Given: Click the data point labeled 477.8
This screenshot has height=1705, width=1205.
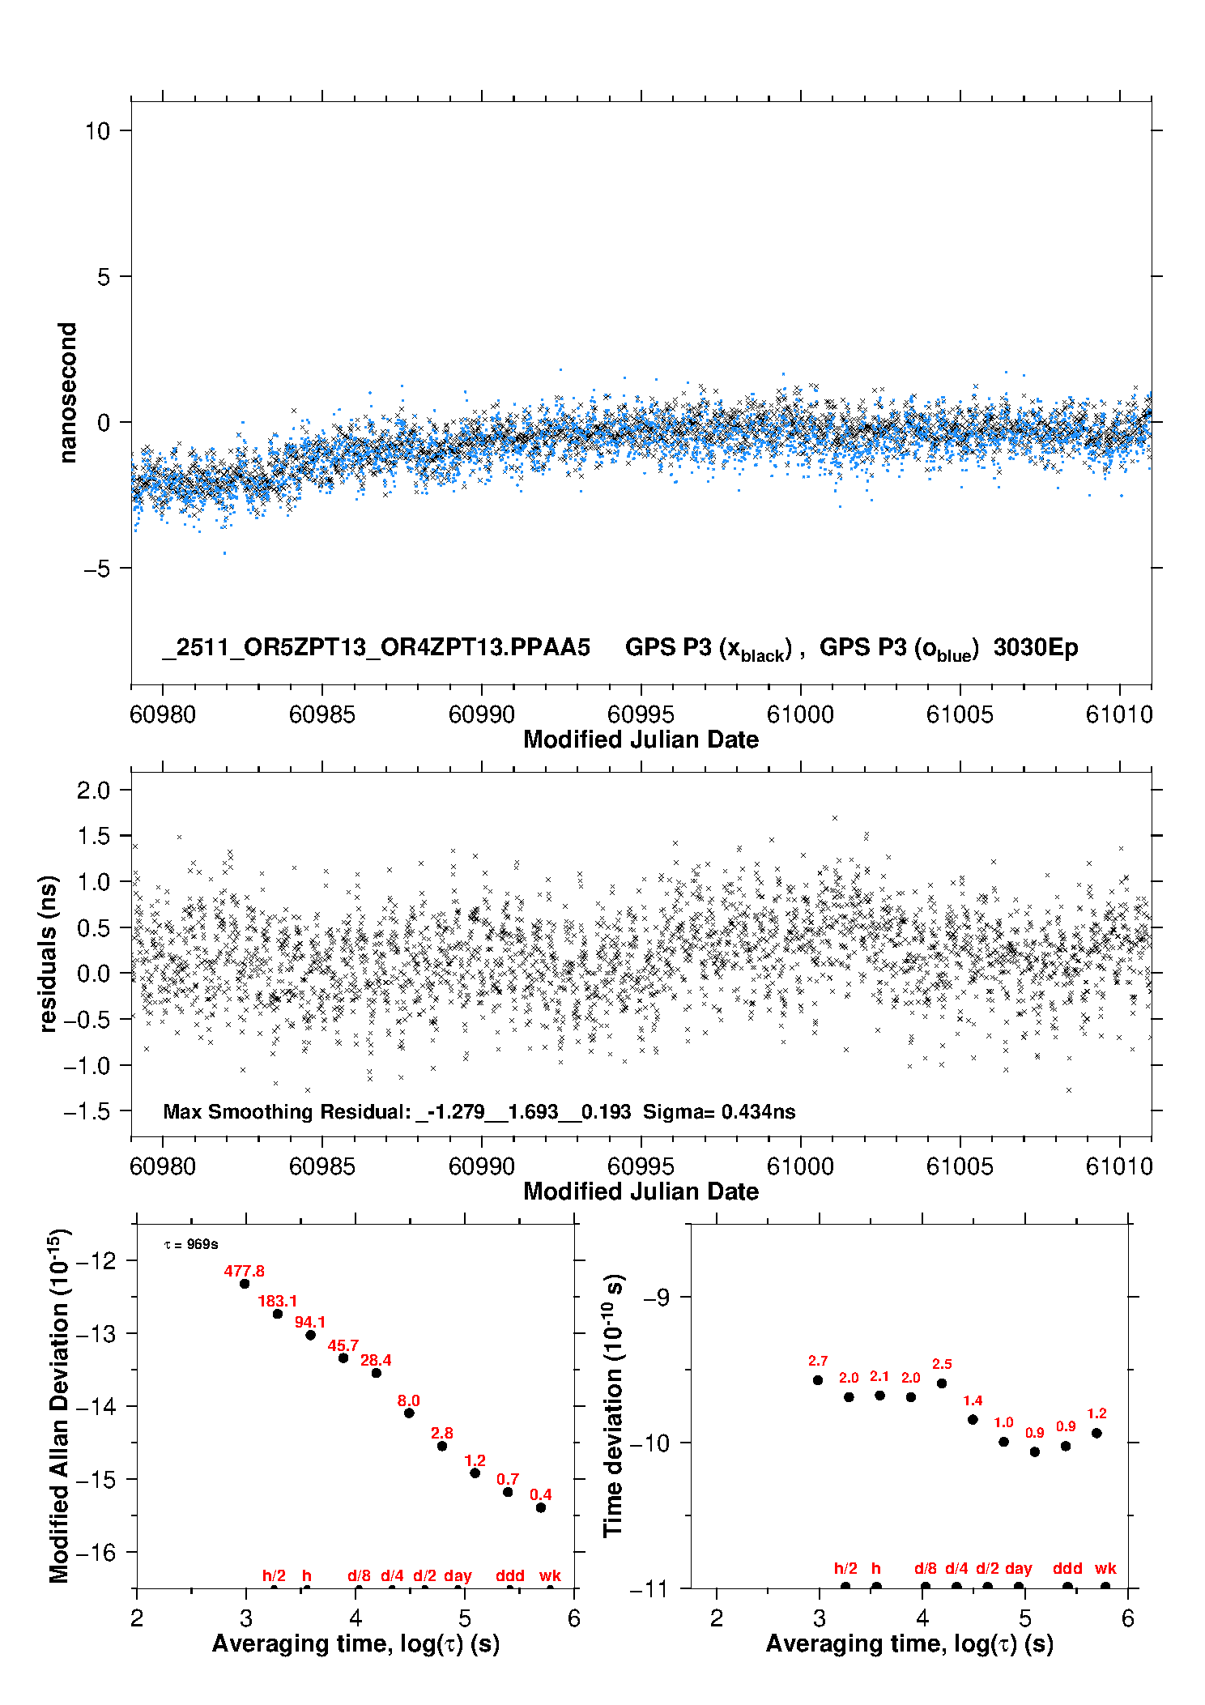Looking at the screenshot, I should [x=245, y=1283].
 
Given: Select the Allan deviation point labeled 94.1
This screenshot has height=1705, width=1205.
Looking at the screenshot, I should [x=310, y=1335].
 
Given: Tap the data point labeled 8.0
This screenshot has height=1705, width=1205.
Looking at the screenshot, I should [x=409, y=1413].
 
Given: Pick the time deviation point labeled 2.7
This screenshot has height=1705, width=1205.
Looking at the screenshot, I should [x=818, y=1380].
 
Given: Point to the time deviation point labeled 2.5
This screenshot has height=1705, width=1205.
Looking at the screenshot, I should [x=942, y=1383].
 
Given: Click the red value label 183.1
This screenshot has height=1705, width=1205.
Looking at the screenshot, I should [x=278, y=1302].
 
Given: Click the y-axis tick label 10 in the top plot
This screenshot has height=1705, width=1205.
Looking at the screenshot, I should [x=97, y=131].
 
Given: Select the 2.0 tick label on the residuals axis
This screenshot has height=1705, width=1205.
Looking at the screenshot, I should [x=93, y=791].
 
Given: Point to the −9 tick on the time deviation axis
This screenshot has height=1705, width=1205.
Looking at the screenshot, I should [x=656, y=1298].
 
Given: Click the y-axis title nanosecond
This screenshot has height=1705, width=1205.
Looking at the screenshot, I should [x=67, y=393].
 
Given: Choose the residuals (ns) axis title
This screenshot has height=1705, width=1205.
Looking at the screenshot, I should [x=49, y=953].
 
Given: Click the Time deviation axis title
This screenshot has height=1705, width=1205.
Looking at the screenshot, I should [x=613, y=1406].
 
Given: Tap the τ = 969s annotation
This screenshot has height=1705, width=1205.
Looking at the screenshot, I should [x=191, y=1245].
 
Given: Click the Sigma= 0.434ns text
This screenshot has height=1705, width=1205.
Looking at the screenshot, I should [x=719, y=1112].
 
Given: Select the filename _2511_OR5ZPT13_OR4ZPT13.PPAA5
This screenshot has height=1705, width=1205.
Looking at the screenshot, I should [x=376, y=648].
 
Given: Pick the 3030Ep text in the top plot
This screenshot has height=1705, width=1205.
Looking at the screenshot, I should [x=1036, y=648].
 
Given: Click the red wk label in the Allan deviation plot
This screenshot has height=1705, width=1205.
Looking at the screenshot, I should [x=550, y=1576].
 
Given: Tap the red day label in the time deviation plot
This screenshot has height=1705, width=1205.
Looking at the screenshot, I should [x=1018, y=1569].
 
